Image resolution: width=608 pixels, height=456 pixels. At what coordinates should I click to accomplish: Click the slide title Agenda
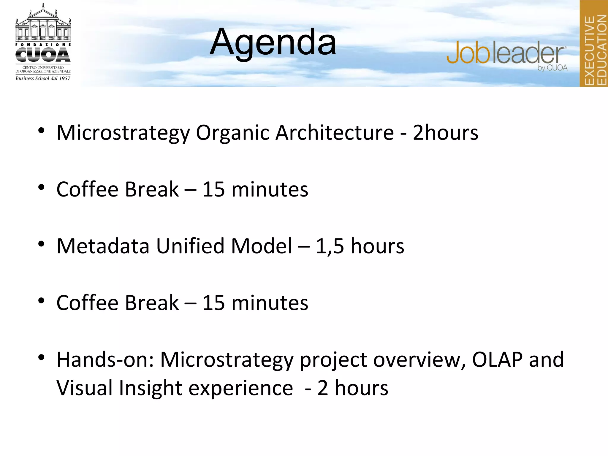273,42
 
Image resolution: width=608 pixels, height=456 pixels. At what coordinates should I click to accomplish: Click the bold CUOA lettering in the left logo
43,55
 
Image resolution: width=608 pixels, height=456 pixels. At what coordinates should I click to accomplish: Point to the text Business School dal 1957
43,78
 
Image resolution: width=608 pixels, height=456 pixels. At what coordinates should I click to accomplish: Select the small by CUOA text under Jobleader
552,68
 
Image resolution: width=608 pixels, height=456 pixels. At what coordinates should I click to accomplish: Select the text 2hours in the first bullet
445,133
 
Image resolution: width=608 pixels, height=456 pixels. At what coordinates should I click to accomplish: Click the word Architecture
334,133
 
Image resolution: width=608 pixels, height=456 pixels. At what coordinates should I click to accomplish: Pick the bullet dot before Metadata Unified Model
41,244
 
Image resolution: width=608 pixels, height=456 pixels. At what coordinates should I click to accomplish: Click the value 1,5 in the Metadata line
330,246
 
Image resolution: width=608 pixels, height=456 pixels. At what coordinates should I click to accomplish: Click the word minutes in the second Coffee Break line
270,303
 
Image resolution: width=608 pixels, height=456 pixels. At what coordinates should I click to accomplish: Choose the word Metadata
103,246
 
